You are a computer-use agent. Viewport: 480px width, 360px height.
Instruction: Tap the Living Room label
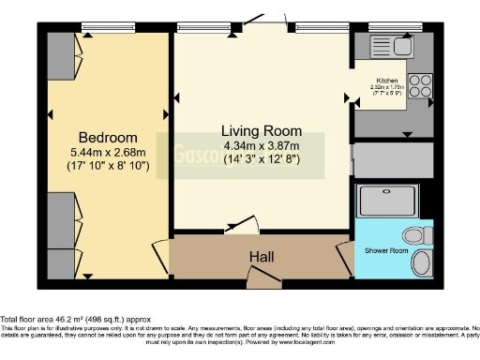click(261, 129)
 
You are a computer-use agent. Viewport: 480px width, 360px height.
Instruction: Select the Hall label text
click(262, 255)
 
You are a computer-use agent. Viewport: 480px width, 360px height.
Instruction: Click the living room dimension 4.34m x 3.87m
click(261, 146)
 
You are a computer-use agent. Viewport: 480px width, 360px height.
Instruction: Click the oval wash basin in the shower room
click(424, 262)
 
